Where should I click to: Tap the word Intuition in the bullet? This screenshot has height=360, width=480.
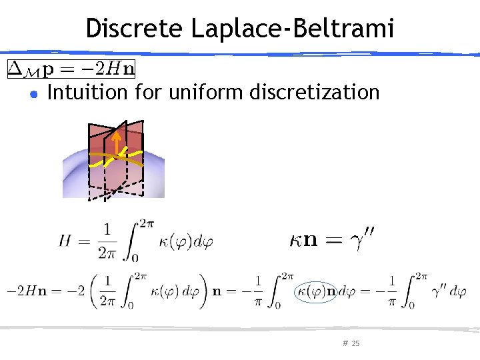pyautogui.click(x=89, y=92)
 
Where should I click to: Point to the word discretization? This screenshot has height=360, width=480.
pyautogui.click(x=314, y=92)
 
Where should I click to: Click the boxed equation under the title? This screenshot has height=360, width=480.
pyautogui.click(x=71, y=68)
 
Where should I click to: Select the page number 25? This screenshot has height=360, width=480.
pyautogui.click(x=355, y=343)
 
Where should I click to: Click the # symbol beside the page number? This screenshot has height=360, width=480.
pyautogui.click(x=345, y=343)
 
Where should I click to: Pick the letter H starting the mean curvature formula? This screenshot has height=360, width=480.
pyautogui.click(x=65, y=241)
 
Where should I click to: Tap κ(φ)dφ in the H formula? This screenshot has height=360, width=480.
pyautogui.click(x=187, y=241)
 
